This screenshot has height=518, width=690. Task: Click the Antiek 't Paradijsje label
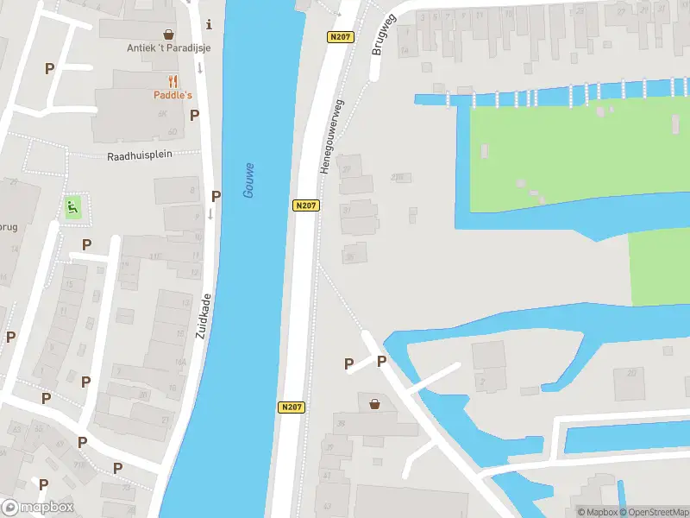coord(169,47)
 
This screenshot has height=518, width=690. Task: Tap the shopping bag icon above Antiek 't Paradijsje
coord(169,35)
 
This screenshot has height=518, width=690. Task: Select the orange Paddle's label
coord(173,95)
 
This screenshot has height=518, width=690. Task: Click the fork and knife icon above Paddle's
coord(173,81)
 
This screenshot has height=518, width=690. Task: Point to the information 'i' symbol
coord(209,24)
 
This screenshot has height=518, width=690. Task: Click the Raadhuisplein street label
coord(140,155)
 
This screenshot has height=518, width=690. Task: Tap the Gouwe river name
coord(248,180)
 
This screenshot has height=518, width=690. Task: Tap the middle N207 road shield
coord(304,205)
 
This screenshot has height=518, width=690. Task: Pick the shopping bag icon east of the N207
coord(375,403)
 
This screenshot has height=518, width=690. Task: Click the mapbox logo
coord(38,508)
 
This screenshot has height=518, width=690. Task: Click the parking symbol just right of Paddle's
coord(195,115)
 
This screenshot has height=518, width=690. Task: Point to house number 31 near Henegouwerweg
coord(348,210)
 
